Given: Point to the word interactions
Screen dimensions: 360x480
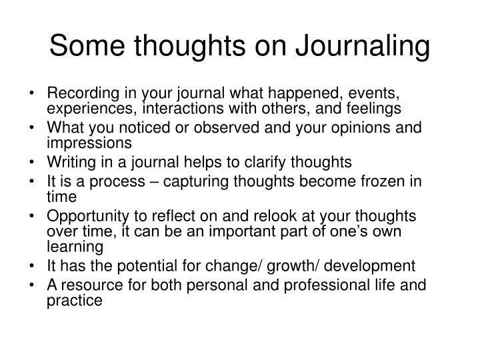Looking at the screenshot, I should tap(180, 108).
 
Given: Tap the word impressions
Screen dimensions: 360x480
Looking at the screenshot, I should tap(90, 143).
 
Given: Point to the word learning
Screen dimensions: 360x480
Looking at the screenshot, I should tap(75, 247).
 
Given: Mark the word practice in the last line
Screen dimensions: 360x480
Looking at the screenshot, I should tap(75, 301).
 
